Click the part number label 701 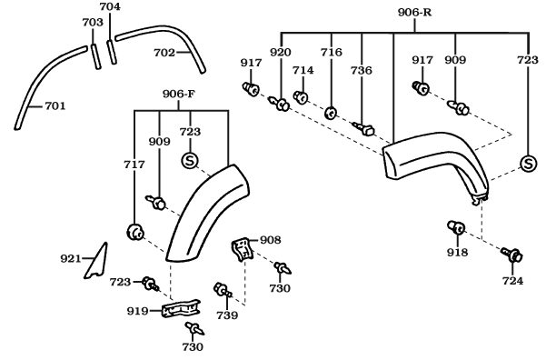tap(55, 106)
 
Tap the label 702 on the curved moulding tap(164, 53)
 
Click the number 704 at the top tap(109, 6)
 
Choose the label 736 tap(362, 70)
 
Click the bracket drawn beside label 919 tap(180, 310)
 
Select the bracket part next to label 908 tap(242, 248)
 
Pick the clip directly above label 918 tap(456, 228)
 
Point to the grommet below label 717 tap(137, 232)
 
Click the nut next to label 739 tap(220, 290)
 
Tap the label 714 tap(303, 70)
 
